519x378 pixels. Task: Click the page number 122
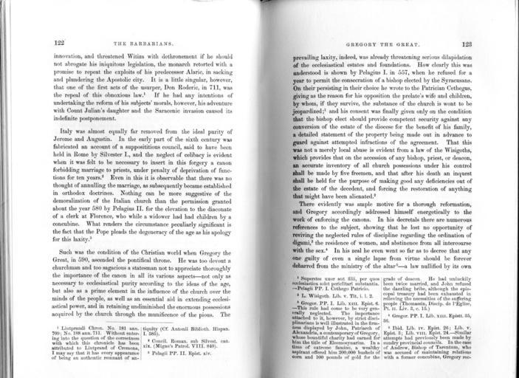61,44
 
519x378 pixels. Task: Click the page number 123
467,44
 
